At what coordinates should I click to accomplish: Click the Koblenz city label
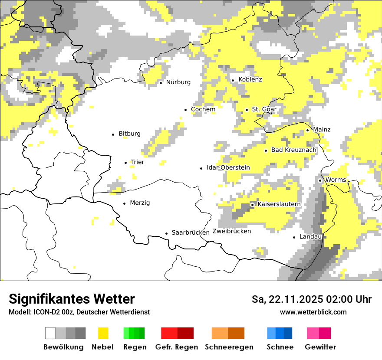(250, 79)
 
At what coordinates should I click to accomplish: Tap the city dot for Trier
(126, 163)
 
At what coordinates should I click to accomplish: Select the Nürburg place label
(178, 82)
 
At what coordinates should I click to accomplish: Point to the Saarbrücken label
(191, 232)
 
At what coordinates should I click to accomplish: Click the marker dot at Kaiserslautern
(252, 204)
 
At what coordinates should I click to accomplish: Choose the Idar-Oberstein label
(228, 167)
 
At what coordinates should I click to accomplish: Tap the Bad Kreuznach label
(293, 150)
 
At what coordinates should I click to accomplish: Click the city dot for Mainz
(307, 130)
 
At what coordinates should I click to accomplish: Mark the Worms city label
(335, 180)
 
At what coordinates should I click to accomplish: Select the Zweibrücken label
(231, 231)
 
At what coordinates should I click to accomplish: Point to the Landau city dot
(294, 237)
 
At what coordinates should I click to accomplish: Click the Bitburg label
(129, 134)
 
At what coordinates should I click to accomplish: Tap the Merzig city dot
(125, 203)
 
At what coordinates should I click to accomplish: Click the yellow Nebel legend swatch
(103, 333)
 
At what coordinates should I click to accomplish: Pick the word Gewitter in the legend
(320, 347)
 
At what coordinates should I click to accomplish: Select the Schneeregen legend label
(229, 347)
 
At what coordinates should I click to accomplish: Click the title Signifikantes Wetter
(72, 299)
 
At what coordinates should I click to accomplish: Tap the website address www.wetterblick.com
(313, 312)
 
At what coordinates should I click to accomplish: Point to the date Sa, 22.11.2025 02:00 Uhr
(311, 299)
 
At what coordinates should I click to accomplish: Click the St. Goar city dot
(247, 110)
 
